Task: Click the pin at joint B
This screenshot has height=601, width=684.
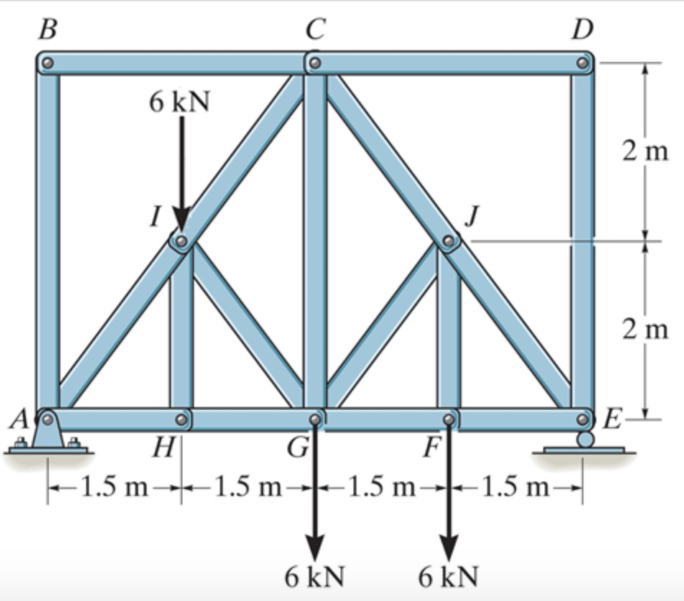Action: (47, 63)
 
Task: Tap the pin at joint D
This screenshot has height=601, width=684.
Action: (583, 63)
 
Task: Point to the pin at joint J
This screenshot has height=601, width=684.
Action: (449, 242)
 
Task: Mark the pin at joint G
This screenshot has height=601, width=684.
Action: (315, 418)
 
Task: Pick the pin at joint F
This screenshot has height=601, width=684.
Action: (449, 418)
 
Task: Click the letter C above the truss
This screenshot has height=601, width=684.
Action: (315, 29)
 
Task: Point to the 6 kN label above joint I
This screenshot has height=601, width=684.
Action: (180, 102)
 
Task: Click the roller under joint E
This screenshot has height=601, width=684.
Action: (586, 439)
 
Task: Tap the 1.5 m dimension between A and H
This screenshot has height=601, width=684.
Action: (114, 488)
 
